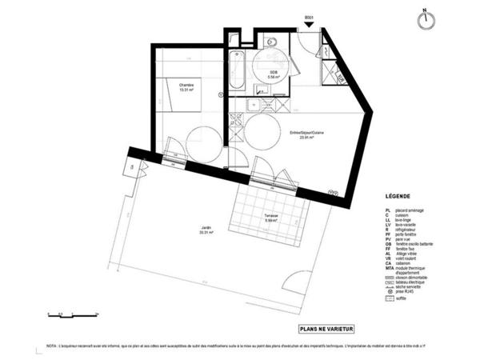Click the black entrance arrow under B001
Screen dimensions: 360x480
click(x=309, y=26)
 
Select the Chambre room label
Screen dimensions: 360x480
click(x=186, y=86)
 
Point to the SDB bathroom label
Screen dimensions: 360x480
click(x=274, y=74)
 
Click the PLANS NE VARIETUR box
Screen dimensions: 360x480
click(x=326, y=328)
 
